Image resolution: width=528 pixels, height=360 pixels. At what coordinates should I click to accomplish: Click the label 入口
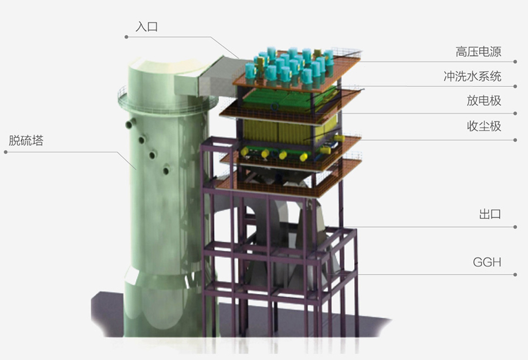tap(147, 26)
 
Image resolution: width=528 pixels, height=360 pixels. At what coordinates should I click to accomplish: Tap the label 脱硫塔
tap(26, 140)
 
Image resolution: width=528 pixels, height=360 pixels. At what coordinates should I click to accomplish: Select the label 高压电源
tap(479, 52)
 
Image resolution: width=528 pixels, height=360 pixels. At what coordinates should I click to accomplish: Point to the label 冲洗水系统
tap(472, 76)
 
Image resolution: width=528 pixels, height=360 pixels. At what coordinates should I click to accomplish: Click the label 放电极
tap(484, 100)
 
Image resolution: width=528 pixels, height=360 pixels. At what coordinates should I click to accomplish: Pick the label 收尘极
tap(484, 126)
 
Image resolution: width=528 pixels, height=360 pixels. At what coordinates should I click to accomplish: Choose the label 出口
tap(490, 214)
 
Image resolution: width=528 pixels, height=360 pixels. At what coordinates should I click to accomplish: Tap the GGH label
tap(487, 262)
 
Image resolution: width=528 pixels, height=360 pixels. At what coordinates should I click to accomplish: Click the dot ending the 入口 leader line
tap(126, 37)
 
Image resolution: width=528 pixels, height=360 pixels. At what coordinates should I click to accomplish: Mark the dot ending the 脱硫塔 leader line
tap(6, 152)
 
